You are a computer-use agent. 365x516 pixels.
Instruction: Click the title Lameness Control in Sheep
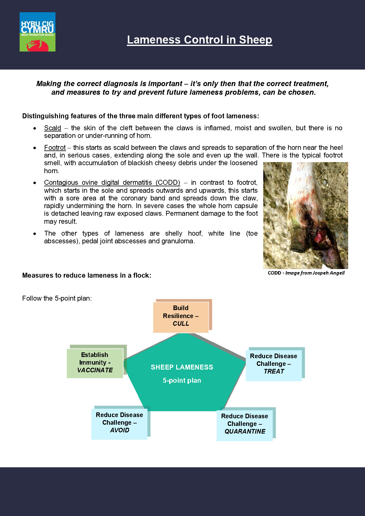point(200,40)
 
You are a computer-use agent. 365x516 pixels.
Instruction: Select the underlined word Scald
point(52,128)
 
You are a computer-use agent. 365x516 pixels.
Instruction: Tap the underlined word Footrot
point(55,148)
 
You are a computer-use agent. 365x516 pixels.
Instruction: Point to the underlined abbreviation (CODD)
point(168,183)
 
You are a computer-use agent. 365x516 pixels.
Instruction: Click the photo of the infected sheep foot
point(305,215)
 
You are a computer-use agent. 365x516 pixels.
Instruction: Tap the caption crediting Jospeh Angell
point(306,273)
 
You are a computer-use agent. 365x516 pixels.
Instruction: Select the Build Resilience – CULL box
point(181,316)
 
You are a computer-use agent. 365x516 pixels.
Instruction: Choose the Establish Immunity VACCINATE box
point(95,363)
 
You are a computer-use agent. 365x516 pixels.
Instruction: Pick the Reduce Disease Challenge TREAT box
point(274,364)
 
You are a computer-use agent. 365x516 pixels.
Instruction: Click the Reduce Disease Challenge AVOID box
point(119,423)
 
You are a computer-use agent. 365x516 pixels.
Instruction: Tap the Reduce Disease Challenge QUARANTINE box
point(245,424)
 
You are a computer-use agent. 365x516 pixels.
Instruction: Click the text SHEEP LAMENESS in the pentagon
point(182,367)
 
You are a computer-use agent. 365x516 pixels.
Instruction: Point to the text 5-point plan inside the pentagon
point(182,381)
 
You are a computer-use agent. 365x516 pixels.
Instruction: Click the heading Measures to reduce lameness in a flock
point(87,275)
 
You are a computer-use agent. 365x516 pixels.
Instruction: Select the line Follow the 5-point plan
point(57,298)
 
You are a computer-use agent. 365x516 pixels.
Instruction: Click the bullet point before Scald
point(35,128)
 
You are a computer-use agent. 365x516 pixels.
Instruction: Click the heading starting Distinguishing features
point(141,116)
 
